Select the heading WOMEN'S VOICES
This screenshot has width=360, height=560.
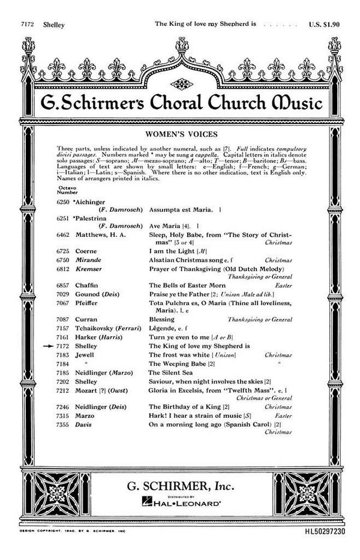(179, 133)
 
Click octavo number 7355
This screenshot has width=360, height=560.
(63, 424)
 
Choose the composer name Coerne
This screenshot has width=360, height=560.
(86, 251)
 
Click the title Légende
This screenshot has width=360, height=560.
(166, 329)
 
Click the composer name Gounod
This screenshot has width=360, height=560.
(89, 294)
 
